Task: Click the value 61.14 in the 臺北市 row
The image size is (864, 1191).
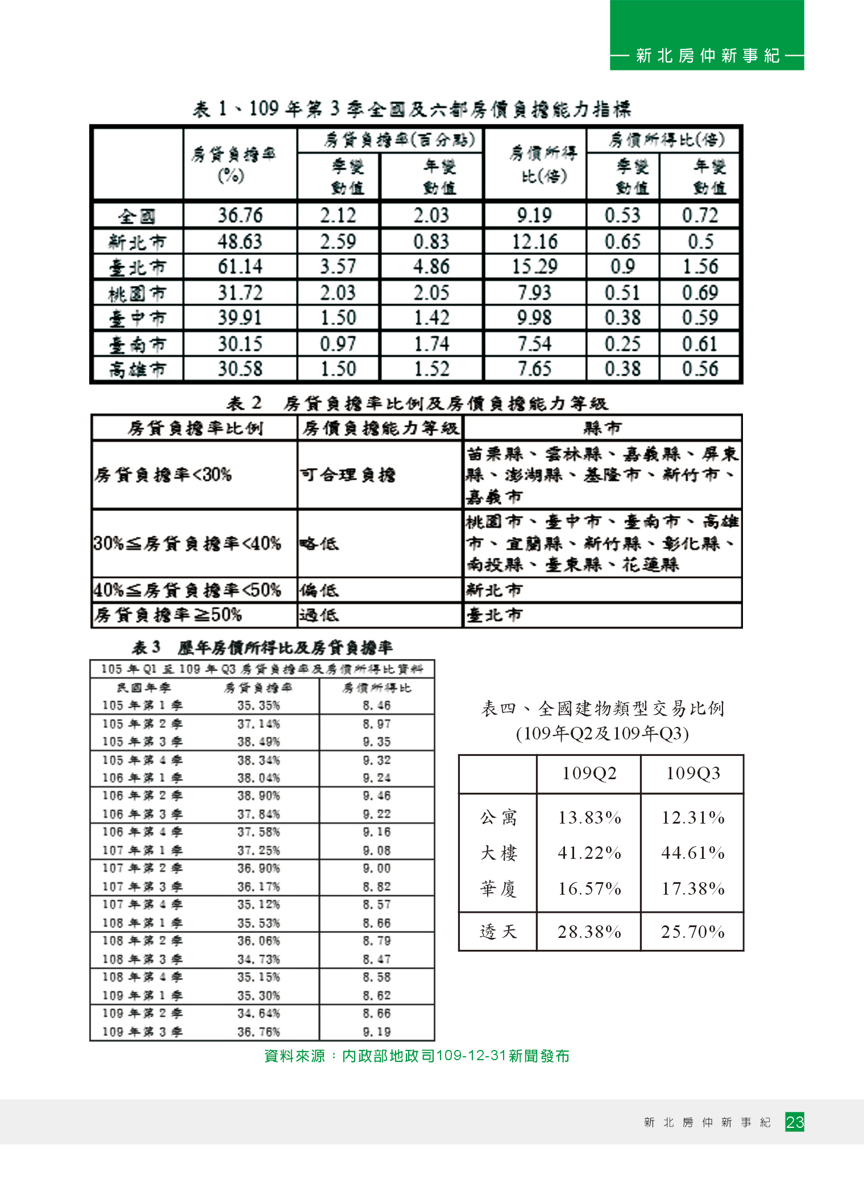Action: coord(240,266)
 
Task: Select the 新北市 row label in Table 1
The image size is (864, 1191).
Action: coord(138,242)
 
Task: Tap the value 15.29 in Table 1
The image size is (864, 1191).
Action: coord(534,266)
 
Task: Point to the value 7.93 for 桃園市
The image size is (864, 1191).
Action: coord(534,292)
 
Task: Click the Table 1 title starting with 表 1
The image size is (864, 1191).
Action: coord(412,109)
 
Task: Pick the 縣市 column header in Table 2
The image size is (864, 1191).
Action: coord(603,427)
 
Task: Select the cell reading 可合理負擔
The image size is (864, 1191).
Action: coord(348,474)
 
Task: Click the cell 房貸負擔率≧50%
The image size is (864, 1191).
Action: coord(168,615)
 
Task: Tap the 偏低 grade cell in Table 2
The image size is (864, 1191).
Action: coord(319,590)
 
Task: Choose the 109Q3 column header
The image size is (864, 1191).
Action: coord(693,774)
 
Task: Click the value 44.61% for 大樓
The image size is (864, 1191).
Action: coord(693,853)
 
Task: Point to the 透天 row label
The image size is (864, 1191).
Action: coord(498,932)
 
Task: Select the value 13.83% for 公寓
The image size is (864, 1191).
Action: coord(589,817)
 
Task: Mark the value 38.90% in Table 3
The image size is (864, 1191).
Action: coord(259,796)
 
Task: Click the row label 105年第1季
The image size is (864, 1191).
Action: coord(142,705)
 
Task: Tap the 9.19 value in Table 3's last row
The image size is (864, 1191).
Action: coord(376,1031)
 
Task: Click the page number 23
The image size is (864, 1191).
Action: coord(795,1122)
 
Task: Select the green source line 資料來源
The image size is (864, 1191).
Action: coord(417,1056)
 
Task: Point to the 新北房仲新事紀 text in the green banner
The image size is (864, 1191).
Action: coord(708,56)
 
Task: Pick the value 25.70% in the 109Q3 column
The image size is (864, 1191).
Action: coord(693,932)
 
